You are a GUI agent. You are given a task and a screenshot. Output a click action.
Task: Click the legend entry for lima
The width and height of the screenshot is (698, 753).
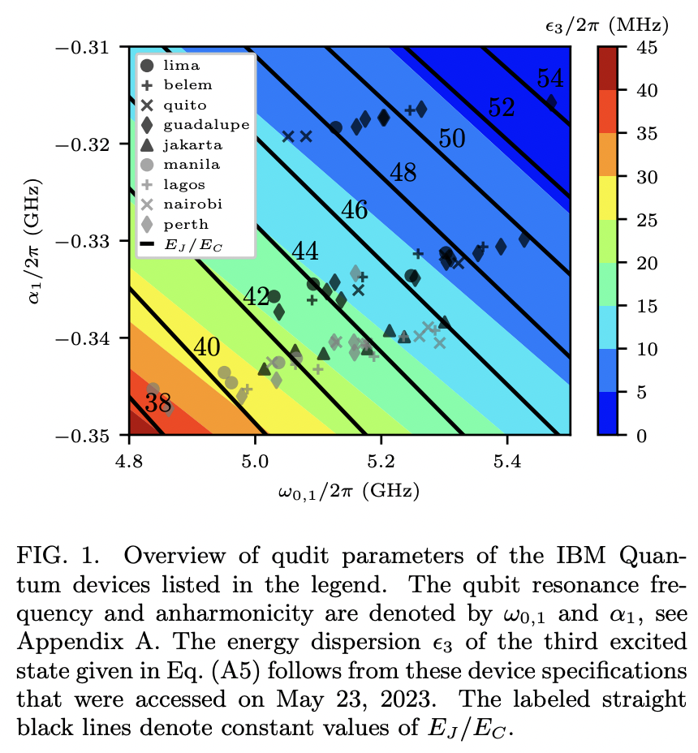tap(181, 65)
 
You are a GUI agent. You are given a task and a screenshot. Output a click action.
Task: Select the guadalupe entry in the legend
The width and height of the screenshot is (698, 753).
tap(194, 125)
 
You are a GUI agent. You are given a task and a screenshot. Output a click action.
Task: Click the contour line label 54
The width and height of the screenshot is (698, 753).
tap(550, 79)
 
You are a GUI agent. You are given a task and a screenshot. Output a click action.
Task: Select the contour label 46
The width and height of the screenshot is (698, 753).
tap(354, 210)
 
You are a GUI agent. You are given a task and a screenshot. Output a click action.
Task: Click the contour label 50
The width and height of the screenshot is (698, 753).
tap(451, 139)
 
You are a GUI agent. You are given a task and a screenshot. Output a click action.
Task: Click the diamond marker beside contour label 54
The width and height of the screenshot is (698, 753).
tap(551, 102)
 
